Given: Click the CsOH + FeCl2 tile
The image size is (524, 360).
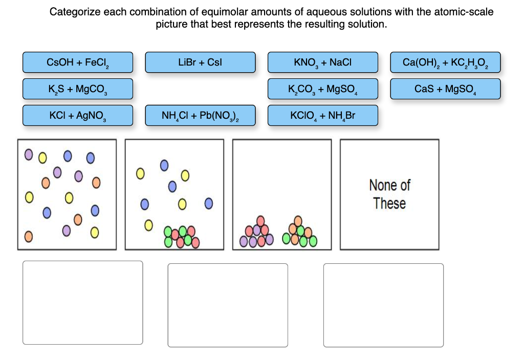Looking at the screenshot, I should (x=77, y=62).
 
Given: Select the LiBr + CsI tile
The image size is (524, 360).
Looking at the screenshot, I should (x=200, y=62).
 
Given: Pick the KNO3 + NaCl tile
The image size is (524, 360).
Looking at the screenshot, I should (x=323, y=62).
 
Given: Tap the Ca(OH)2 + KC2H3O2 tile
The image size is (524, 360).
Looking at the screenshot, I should (x=445, y=62).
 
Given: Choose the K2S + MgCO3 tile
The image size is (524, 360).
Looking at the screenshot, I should (x=77, y=89).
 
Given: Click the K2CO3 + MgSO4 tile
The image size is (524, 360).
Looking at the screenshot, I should (x=323, y=89).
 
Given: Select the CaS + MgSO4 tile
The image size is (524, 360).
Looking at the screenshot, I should (x=445, y=89).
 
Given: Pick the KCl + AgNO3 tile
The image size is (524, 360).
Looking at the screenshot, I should (x=77, y=116).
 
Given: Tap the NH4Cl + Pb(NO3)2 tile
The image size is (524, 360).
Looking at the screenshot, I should (x=200, y=116).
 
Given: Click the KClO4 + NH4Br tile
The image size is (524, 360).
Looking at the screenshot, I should (x=323, y=116).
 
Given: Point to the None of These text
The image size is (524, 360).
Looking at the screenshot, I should (x=389, y=194).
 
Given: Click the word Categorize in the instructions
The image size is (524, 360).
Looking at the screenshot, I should (x=75, y=12).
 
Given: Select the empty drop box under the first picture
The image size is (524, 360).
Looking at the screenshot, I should (x=82, y=303).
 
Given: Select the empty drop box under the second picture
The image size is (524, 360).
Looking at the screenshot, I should (x=228, y=305).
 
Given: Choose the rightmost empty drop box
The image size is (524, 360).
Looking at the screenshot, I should (x=383, y=305).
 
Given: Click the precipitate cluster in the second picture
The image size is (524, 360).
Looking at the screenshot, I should (x=181, y=236).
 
